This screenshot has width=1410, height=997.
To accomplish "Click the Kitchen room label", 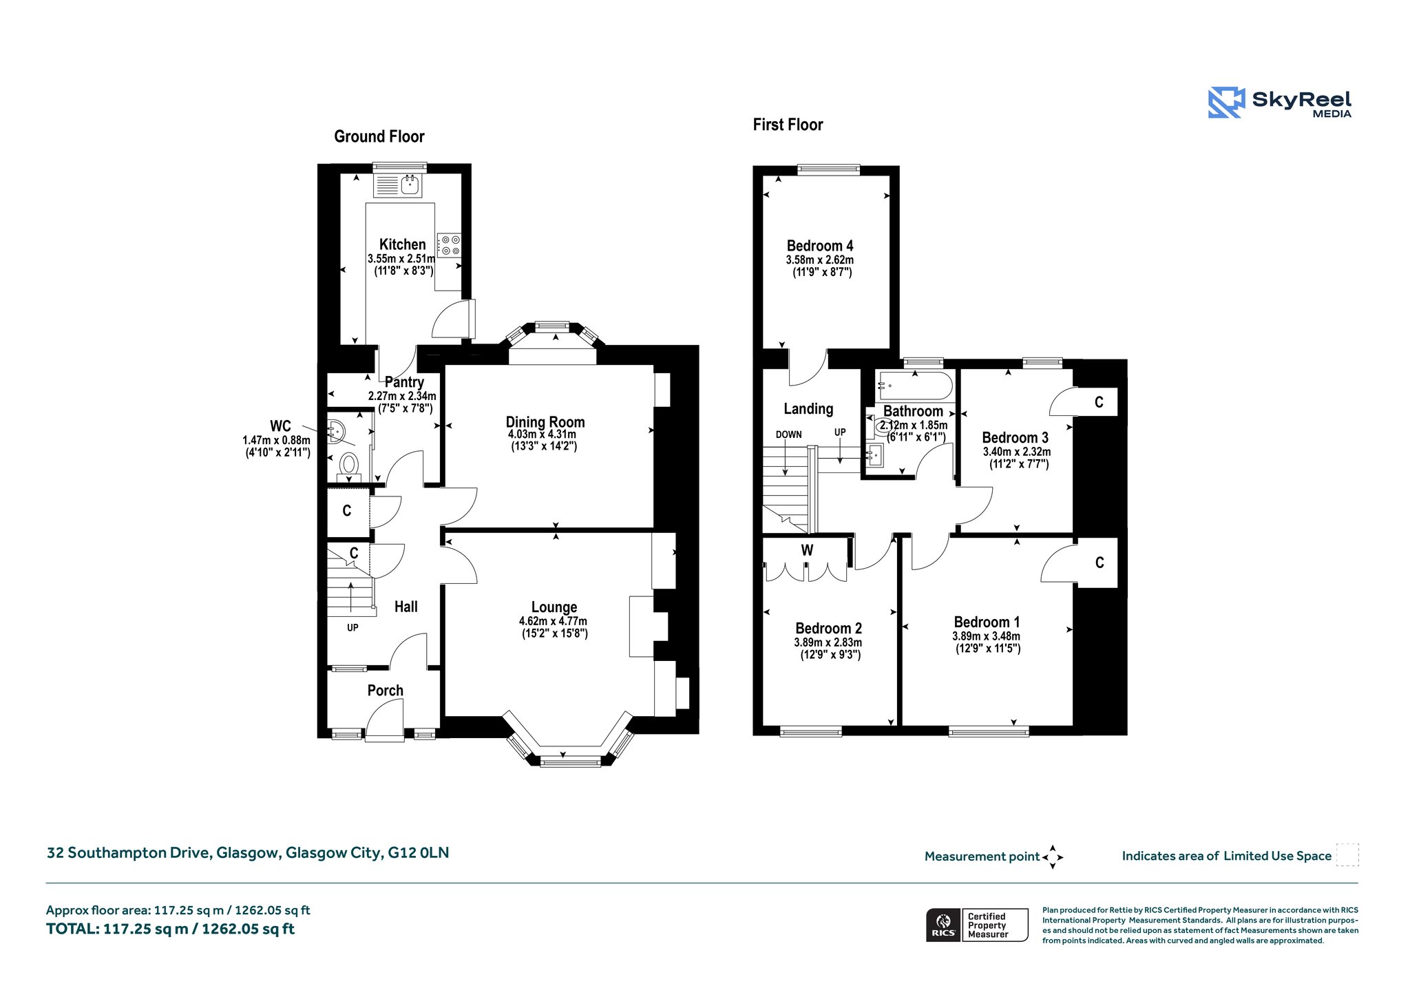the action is pos(403,244).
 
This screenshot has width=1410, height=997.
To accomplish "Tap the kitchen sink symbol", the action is pos(397,185).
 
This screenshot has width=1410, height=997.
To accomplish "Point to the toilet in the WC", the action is pos(350,465).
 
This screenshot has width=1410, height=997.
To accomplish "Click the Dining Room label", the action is pos(545,422).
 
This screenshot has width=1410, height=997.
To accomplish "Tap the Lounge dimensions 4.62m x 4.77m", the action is pos(553,621).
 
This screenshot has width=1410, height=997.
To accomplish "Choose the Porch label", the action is pos(386,691).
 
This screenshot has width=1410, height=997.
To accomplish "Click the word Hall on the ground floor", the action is pos(406,607).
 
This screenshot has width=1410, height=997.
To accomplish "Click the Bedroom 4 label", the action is pos(820,246).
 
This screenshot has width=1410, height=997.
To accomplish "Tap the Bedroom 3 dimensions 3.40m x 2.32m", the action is pos(1016,452).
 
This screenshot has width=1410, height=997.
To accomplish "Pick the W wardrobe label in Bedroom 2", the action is pos(807,550).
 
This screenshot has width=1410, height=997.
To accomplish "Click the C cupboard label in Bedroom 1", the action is pos(1099,563).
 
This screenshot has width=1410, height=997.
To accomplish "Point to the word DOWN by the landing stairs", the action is pos(789,434).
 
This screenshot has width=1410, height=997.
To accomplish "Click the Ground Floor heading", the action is pos(379,136).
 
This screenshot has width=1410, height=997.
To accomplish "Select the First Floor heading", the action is pos(788,125).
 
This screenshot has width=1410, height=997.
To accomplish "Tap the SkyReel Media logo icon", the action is pos(1226,103).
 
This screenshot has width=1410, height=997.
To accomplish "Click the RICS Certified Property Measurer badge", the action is pos(977,925).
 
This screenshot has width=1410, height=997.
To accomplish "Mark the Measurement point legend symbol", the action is pos(1053,857).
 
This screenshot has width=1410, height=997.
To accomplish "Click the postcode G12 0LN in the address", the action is pos(419,853).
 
